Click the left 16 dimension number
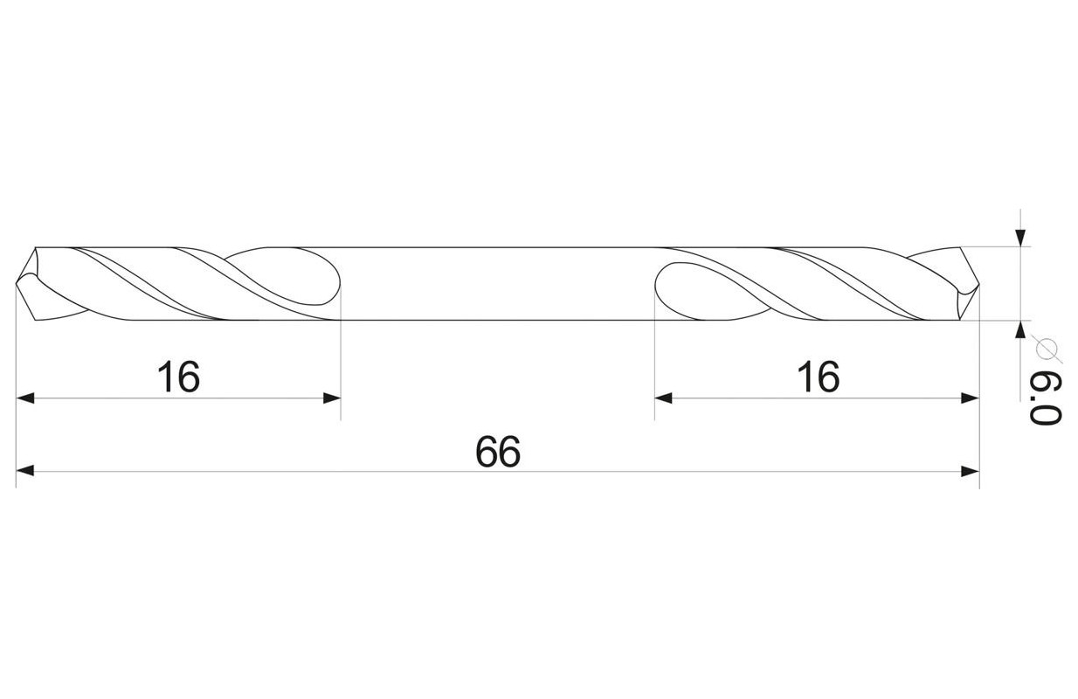click(178, 377)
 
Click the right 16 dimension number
click(819, 377)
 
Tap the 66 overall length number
click(498, 452)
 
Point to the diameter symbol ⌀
click(1047, 349)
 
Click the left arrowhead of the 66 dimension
click(25, 470)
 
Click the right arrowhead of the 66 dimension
click(971, 471)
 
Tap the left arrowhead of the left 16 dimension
click(25, 398)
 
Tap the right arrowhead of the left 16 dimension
click(332, 398)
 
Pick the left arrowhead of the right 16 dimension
click(664, 398)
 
